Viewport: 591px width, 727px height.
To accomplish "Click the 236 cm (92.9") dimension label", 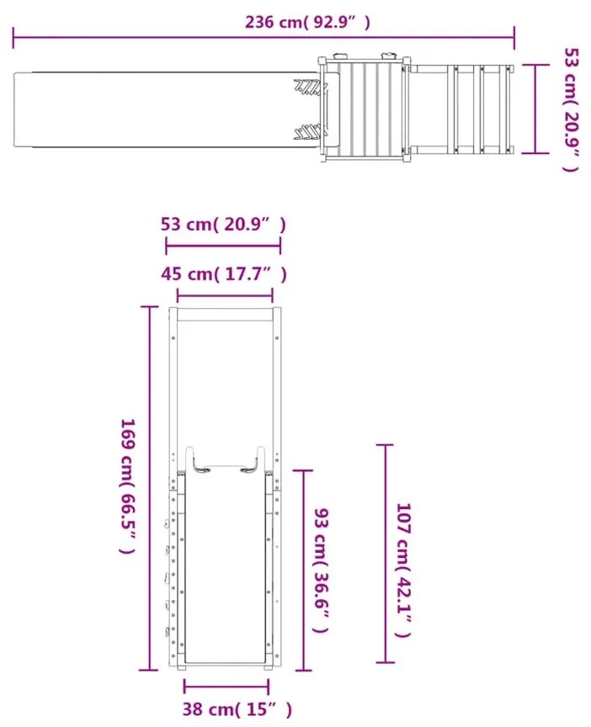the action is click(x=307, y=22).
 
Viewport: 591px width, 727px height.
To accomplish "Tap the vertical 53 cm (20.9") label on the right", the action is click(x=572, y=109).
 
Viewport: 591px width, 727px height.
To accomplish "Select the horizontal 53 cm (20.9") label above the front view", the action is click(x=223, y=225).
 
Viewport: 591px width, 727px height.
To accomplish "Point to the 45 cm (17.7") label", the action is click(x=224, y=274).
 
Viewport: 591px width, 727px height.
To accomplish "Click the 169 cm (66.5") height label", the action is click(x=128, y=486).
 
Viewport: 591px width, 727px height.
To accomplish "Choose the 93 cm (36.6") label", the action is click(x=322, y=570).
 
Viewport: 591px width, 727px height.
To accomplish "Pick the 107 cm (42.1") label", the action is click(x=403, y=570).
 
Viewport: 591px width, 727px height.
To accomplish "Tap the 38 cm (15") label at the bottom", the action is click(x=237, y=709).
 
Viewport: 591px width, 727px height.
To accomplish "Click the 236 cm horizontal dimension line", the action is click(x=264, y=38).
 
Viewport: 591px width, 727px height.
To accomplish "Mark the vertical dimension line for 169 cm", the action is click(x=149, y=488).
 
